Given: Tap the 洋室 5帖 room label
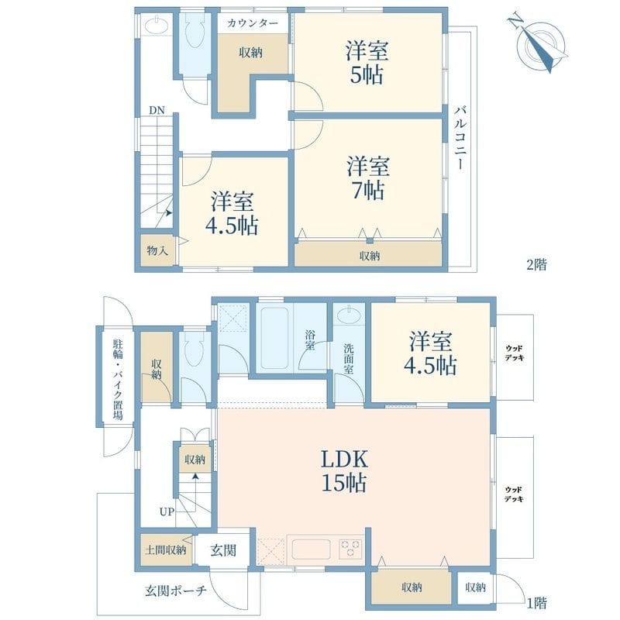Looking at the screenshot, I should [367, 64].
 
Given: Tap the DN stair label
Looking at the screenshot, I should [157, 110].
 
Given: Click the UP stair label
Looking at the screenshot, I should [167, 511].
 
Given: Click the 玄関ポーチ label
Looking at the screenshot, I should [175, 591].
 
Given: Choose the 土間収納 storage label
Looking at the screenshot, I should [166, 549].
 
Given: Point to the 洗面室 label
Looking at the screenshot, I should [349, 359].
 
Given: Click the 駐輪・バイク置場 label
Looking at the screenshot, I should [117, 379].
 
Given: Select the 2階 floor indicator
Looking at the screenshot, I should [536, 264].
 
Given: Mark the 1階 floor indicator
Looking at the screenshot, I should [536, 602].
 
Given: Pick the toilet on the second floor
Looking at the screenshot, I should [195, 36].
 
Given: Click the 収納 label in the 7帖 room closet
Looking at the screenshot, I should [370, 256].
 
